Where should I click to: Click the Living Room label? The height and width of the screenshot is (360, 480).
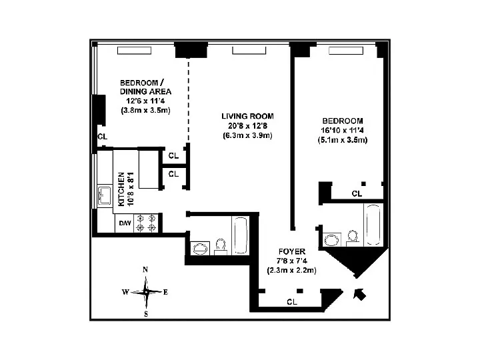point(247,116)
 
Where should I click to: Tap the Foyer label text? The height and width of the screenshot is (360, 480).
point(292,251)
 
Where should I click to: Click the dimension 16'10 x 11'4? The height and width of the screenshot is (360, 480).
point(342,130)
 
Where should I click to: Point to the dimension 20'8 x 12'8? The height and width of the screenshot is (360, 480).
point(247,125)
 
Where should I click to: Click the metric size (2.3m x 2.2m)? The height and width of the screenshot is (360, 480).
point(291,270)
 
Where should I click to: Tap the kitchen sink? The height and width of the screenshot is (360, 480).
point(105,196)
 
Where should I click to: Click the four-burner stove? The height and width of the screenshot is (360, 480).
point(146,223)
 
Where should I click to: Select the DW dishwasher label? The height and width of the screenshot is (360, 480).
point(125,223)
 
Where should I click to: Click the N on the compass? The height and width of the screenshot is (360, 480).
point(145,270)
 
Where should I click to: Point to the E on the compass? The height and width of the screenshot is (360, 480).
point(165,292)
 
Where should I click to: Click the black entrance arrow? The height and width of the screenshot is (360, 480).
point(359,294)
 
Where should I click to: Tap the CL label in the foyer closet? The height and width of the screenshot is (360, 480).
point(292,302)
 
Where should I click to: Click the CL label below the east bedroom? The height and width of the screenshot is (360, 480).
point(357,193)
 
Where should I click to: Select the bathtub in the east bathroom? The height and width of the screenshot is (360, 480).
point(373,225)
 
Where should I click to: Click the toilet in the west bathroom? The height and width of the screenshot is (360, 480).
point(221,247)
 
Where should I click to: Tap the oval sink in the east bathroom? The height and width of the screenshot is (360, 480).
point(333,240)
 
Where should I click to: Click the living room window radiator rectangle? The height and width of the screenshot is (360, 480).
point(249,51)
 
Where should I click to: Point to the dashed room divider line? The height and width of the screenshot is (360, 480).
point(188,101)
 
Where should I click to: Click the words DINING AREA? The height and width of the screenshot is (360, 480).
point(146,91)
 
